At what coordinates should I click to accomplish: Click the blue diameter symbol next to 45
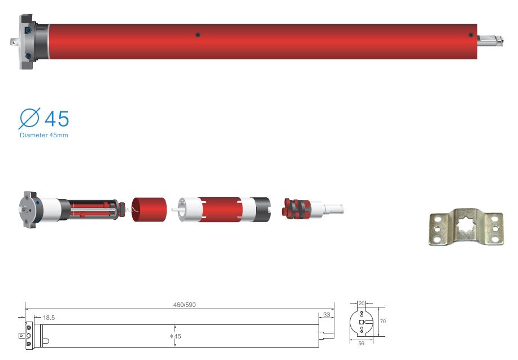pos(29,118)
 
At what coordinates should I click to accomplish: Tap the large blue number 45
pos(57,119)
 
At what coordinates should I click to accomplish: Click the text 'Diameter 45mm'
pos(44,135)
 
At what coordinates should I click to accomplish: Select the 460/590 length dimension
pos(184,305)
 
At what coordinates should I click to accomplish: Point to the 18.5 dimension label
pos(49,318)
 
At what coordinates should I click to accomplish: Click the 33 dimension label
pos(327,315)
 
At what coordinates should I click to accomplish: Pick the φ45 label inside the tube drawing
pos(176,336)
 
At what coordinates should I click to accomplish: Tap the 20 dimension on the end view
pos(362,303)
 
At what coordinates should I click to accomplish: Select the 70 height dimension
pos(383,322)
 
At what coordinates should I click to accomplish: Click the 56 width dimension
pos(361,344)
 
